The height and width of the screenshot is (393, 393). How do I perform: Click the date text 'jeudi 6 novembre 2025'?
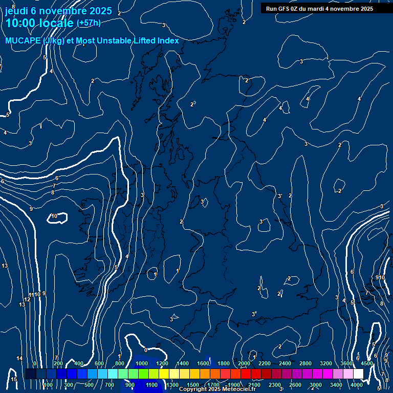point(58,11)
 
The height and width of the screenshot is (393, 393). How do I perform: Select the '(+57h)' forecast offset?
point(89,23)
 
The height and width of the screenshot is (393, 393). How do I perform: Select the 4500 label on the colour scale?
point(366,363)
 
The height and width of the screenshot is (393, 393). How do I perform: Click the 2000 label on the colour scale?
point(244,363)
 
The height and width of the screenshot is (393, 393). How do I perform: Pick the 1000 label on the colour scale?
point(142,363)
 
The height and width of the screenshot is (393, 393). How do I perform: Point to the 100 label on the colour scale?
point(48,385)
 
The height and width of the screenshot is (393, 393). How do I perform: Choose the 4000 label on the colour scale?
point(357,385)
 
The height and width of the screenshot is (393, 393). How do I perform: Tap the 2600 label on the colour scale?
point(295,385)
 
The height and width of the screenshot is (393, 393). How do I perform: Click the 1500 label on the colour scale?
point(193,385)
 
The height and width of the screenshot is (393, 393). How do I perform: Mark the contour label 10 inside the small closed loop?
point(54,216)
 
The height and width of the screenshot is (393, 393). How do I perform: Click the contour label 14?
point(19,358)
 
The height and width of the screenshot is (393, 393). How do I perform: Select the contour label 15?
point(14,379)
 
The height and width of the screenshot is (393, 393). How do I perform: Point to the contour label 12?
point(27,300)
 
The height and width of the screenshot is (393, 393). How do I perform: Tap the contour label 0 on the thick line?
point(146,350)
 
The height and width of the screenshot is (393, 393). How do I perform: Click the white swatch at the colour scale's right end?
point(358,374)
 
